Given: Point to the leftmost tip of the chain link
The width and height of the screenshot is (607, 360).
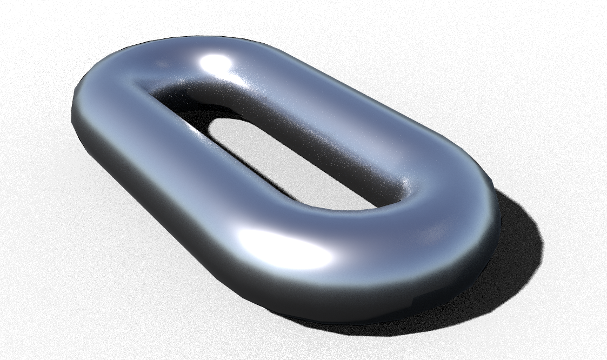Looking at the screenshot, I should [72, 111].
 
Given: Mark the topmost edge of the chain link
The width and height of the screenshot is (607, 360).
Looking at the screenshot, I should [205, 37].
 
